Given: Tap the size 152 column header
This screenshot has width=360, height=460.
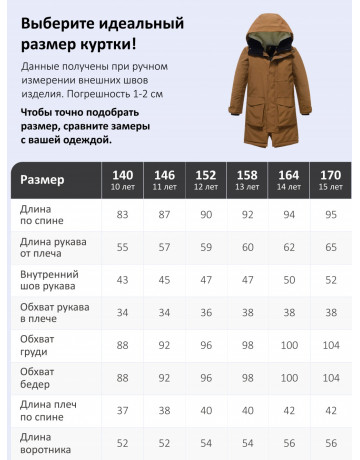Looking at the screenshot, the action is click(x=205, y=180).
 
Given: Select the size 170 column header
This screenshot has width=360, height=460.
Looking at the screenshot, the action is click(x=330, y=180).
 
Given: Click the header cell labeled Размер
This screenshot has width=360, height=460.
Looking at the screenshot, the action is click(x=43, y=180).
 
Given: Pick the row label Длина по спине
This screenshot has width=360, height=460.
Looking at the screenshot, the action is click(x=40, y=215).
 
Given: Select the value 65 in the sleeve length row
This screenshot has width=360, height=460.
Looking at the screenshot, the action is click(x=330, y=247).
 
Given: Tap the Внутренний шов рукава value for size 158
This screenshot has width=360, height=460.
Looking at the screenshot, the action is click(x=247, y=280).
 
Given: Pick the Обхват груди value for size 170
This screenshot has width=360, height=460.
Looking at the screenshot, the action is click(x=330, y=346).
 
